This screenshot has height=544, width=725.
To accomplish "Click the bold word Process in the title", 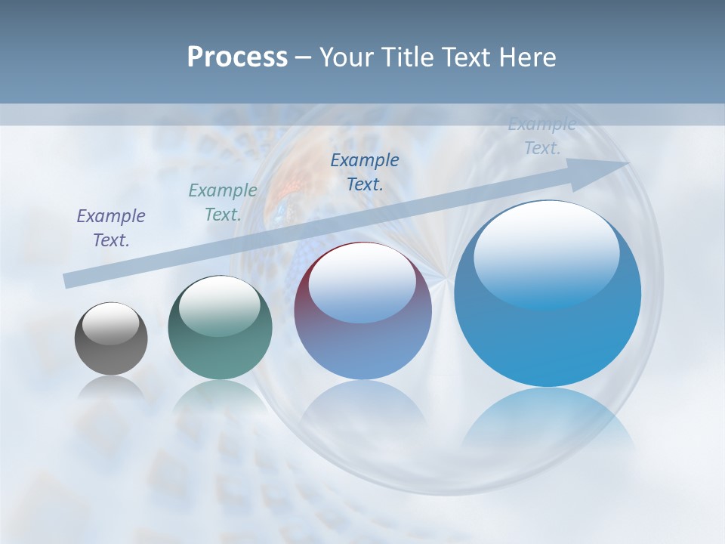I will [x=237, y=57].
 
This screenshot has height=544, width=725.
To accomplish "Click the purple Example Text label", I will [x=111, y=228].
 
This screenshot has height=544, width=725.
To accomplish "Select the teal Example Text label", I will [x=223, y=202].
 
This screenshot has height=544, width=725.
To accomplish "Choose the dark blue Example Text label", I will [x=365, y=172].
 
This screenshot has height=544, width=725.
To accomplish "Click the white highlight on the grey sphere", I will [x=111, y=323].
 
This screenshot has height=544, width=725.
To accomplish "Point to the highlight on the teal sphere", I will [x=220, y=305].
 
